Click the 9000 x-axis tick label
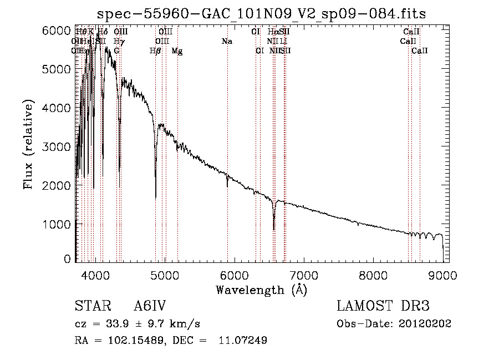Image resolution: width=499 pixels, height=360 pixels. pos(443,274)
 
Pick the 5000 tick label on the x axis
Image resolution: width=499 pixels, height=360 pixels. pos(165,274)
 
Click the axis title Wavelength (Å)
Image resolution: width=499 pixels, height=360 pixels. pos(261,290)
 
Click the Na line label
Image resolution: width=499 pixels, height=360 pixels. pos(226,41)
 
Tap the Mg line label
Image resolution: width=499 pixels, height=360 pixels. pos(177,51)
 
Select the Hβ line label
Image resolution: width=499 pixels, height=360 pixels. pos(155,51)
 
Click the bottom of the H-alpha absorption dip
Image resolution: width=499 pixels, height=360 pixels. pos(274,229)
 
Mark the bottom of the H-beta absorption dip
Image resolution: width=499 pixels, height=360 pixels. pos(155,197)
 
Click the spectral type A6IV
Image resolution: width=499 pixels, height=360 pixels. pos(150,306)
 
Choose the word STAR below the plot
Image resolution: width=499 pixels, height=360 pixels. pos(89,306)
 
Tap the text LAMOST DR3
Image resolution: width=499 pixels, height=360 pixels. pos(383,306)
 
